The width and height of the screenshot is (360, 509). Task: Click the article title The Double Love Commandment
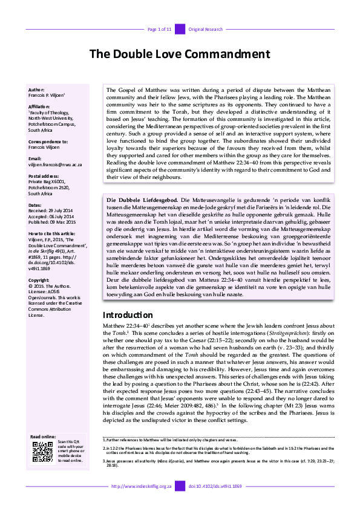coord(180,54)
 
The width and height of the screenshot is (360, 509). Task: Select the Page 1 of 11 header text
coord(160,29)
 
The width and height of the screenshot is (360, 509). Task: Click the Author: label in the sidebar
coord(36,89)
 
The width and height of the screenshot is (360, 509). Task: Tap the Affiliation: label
coord(39,105)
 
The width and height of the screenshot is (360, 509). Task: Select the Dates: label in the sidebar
coord(36,205)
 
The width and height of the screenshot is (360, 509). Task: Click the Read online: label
coord(43,436)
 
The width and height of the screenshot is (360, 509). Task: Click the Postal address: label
coord(44,176)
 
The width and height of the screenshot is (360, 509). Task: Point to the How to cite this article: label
coord(53,233)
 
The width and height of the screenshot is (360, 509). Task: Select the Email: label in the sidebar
coord(35,158)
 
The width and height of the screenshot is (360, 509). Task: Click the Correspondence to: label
coord(48,141)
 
